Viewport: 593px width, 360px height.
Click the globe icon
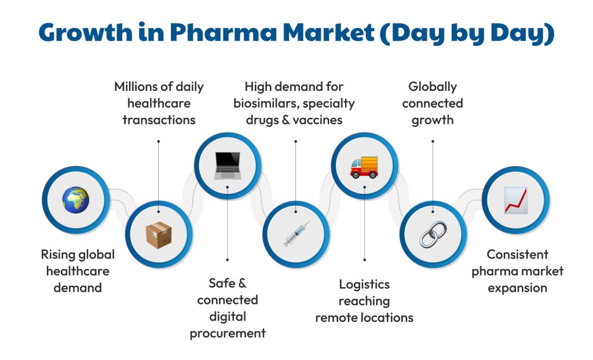(x=76, y=200)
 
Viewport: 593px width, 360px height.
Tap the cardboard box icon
(x=158, y=234)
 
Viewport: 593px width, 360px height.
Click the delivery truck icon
(x=364, y=166)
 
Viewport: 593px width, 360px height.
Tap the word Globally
(x=433, y=87)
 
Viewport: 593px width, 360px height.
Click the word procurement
(x=228, y=333)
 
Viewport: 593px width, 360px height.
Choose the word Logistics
(x=364, y=284)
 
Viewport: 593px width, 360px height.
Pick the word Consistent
(x=517, y=255)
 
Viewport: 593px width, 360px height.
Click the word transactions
(x=159, y=120)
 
